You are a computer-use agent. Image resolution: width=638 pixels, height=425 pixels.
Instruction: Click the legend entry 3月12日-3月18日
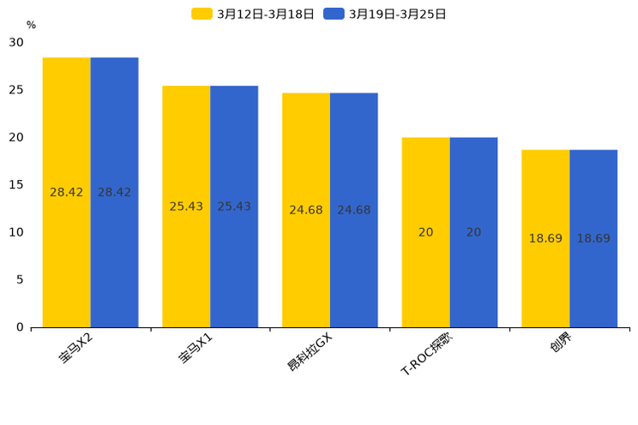coord(253,14)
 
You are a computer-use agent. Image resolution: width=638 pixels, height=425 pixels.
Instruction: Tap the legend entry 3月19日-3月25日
coord(386,14)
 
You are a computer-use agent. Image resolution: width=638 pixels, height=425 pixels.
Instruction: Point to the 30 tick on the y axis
coord(16,42)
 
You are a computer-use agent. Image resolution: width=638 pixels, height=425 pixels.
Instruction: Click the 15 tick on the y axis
coord(16,185)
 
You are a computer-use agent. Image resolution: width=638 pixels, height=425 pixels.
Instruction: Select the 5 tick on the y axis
coord(19,280)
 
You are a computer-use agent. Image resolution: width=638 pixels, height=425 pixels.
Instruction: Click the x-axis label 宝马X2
coord(76,350)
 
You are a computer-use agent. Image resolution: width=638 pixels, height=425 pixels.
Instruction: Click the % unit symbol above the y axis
coord(31,26)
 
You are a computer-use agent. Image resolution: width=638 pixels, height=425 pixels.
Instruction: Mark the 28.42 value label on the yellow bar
coord(67,193)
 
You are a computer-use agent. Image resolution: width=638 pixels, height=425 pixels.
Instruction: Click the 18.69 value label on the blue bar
coord(593,239)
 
